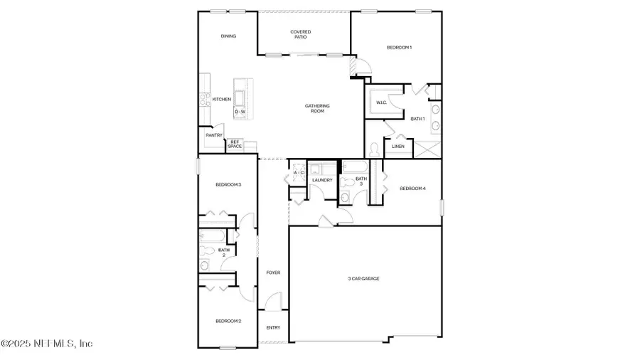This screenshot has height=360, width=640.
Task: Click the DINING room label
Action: point(228,36)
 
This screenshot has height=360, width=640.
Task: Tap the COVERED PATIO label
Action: point(304,34)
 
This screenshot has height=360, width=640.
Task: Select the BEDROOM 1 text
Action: point(399,48)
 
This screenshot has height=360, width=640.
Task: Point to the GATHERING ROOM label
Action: point(317,109)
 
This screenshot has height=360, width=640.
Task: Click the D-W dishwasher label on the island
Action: point(241,112)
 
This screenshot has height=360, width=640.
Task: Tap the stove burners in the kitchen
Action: point(203,100)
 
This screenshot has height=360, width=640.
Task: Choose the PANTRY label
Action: point(214,135)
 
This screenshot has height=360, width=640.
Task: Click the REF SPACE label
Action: point(235,144)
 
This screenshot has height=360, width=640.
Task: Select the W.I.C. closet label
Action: point(380,103)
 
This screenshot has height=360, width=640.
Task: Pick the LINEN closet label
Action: point(398,147)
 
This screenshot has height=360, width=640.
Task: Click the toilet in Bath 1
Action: point(375,149)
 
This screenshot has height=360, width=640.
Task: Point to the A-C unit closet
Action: point(299,172)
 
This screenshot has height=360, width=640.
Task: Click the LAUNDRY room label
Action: point(322,181)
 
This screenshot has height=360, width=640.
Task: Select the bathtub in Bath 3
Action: point(353,167)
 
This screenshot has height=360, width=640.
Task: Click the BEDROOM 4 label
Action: point(412,189)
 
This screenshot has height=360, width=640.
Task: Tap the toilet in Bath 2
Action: point(207,250)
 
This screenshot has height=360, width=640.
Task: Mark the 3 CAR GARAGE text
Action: point(363,279)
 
